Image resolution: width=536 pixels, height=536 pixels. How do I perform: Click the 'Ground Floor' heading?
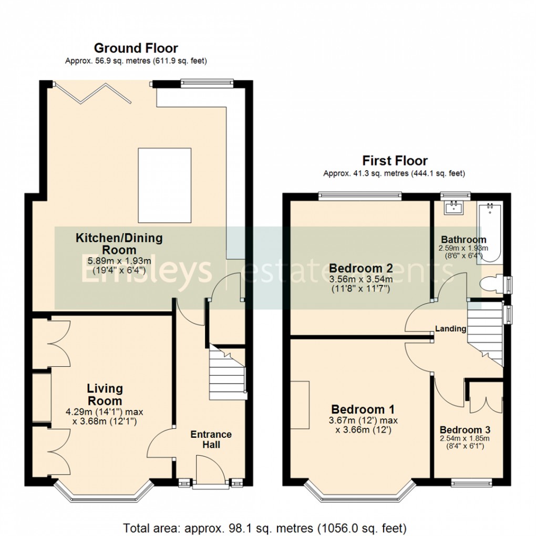pyautogui.click(x=136, y=48)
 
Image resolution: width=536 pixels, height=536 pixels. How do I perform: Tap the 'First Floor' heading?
pyautogui.click(x=395, y=160)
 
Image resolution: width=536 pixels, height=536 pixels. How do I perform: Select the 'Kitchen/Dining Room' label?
pyautogui.click(x=119, y=244)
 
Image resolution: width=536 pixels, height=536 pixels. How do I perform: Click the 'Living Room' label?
pyautogui.click(x=105, y=395)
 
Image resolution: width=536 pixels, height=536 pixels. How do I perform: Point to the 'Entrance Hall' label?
pyautogui.click(x=211, y=439)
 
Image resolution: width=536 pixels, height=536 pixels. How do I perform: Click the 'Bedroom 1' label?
pyautogui.click(x=363, y=409)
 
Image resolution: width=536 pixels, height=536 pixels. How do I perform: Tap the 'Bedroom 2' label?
pyautogui.click(x=361, y=269)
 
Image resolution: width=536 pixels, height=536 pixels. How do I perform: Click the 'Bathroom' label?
pyautogui.click(x=463, y=240)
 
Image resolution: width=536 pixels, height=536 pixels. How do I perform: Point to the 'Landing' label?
pyautogui.click(x=450, y=329)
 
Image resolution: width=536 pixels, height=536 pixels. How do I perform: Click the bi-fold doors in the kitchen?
pyautogui.click(x=92, y=93)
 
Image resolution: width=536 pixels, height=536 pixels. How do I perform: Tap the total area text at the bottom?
pyautogui.click(x=265, y=527)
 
